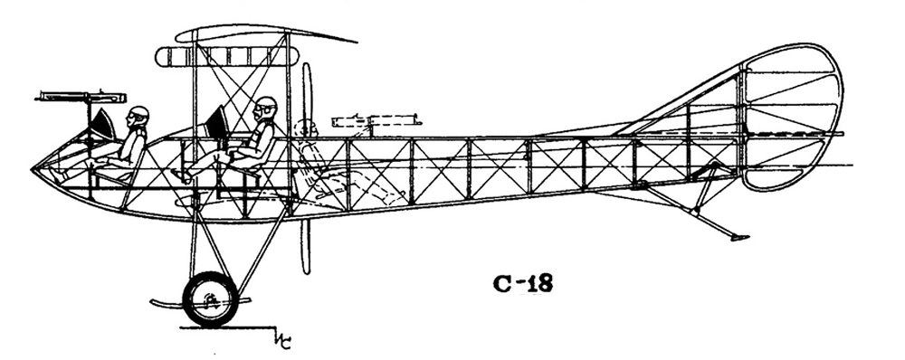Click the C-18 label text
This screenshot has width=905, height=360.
(x=523, y=283)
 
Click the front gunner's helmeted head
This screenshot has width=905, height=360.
(x=138, y=116)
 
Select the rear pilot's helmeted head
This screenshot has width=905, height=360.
(x=266, y=108)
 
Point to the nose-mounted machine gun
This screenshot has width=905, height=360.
(x=81, y=97)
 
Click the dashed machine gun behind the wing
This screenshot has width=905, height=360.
(x=376, y=122)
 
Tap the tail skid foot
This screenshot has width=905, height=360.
(x=739, y=237)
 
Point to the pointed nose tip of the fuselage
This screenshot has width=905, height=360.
(x=33, y=169)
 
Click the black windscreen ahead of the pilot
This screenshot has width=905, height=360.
(x=218, y=122)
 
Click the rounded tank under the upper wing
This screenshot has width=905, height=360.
(x=227, y=56)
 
